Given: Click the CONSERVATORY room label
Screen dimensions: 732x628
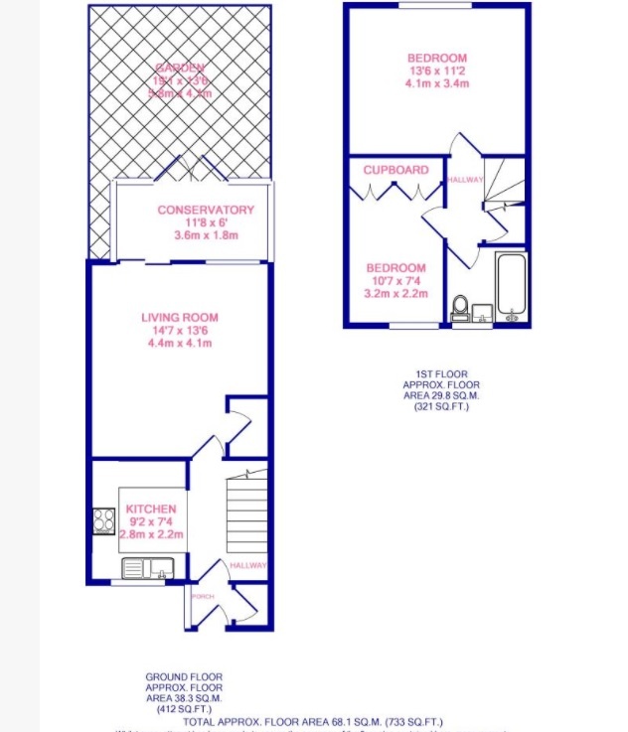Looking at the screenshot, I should [205, 210].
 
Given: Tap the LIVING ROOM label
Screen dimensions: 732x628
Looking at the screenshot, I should [178, 318].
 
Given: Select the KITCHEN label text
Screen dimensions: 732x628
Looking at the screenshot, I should [150, 509].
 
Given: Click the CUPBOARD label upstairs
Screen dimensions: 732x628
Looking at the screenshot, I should [395, 170].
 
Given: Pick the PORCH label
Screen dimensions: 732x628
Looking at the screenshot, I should [203, 596].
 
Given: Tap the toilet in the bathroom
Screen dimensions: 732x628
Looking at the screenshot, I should [461, 307].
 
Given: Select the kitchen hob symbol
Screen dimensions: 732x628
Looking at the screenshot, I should [104, 520].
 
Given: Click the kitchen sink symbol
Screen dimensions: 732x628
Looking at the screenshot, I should [147, 568].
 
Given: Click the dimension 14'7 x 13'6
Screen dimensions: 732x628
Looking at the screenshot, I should [178, 331].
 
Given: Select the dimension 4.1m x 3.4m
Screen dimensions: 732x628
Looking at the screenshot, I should [436, 83].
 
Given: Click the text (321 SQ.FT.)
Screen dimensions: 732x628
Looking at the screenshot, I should [440, 405].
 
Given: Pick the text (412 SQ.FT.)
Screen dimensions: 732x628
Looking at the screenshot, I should [184, 709].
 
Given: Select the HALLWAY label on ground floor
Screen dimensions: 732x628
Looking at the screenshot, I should [247, 565].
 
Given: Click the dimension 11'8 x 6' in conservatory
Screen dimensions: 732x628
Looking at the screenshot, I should [205, 222].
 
